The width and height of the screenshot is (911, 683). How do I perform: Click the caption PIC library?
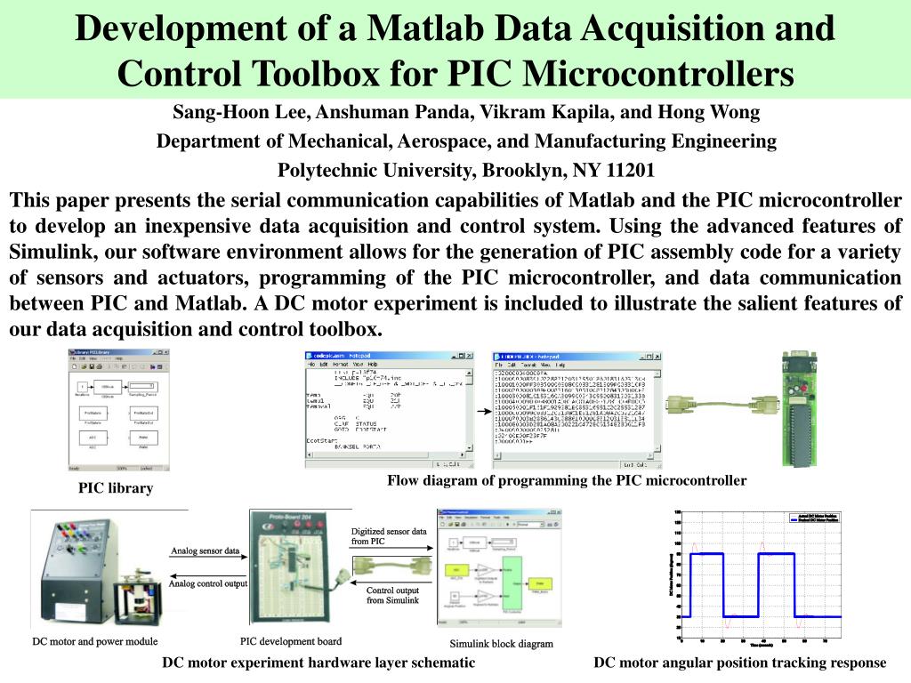tap(116, 487)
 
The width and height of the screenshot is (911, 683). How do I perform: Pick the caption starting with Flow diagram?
tap(567, 480)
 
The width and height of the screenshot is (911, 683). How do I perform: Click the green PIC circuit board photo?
tap(797, 408)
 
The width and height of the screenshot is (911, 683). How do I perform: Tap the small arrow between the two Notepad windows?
tap(482, 413)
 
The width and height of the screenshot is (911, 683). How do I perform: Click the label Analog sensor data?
tap(205, 551)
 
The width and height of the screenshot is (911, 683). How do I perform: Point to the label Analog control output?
tap(208, 583)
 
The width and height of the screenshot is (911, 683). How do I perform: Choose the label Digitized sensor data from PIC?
tap(389, 535)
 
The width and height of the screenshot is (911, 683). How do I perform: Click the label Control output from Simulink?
tap(392, 595)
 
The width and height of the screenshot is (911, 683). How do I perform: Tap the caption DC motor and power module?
tap(95, 641)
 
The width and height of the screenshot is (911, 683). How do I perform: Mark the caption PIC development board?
tap(291, 641)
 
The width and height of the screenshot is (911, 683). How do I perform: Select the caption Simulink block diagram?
tap(501, 644)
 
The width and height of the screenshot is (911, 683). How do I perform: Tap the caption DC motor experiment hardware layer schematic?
tap(318, 663)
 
